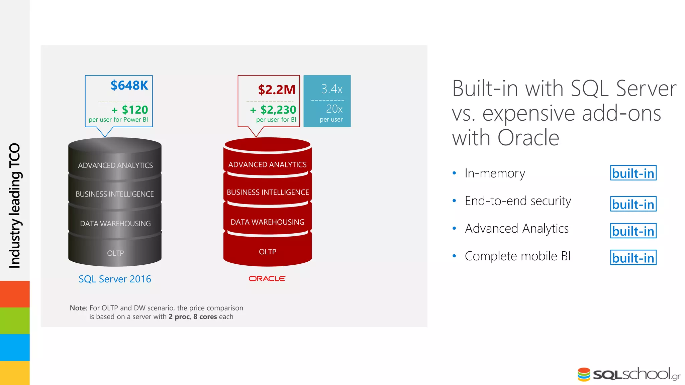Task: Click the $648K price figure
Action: (129, 86)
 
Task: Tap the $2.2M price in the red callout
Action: (277, 90)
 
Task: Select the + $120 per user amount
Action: (130, 110)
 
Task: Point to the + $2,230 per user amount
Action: (273, 110)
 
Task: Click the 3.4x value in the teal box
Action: (331, 89)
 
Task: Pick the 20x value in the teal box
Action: (334, 109)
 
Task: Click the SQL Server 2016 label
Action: (115, 279)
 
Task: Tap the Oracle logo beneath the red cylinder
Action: (267, 278)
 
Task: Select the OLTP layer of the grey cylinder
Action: (115, 253)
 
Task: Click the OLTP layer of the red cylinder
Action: (268, 252)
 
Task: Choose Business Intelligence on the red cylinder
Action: (268, 192)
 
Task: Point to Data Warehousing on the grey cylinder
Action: (115, 224)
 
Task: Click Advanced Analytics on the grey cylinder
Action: (115, 165)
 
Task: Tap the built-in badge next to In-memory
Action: (633, 173)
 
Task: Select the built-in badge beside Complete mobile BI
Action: (633, 258)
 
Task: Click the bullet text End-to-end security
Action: (518, 201)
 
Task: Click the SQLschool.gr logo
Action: (629, 374)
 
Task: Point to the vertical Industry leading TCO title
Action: (15, 206)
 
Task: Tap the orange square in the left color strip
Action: (15, 294)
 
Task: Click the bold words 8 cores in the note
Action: (205, 317)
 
